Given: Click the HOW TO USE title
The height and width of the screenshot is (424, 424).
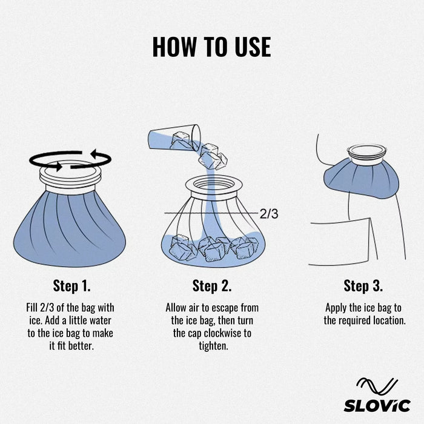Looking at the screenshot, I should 211,47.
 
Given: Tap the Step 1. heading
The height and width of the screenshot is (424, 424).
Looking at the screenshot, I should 71,285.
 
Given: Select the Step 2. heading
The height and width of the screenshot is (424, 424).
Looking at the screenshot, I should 212,285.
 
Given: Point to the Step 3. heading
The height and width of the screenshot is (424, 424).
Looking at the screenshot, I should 363,285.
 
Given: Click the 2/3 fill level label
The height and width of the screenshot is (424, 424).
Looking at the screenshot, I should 269,213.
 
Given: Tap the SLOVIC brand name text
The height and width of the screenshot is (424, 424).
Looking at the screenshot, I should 377,405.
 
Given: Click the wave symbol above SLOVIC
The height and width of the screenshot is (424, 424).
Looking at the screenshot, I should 377,385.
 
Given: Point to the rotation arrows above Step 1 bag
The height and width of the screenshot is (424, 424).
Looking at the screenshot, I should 70,159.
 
